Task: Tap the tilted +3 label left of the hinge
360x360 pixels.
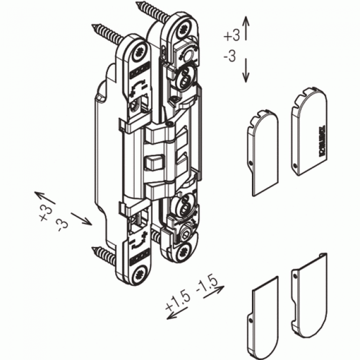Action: (x=45, y=213)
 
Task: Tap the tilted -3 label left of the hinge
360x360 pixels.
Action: (x=63, y=224)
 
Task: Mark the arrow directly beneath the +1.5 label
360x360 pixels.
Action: (x=178, y=311)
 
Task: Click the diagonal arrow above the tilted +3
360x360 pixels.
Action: (x=45, y=198)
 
